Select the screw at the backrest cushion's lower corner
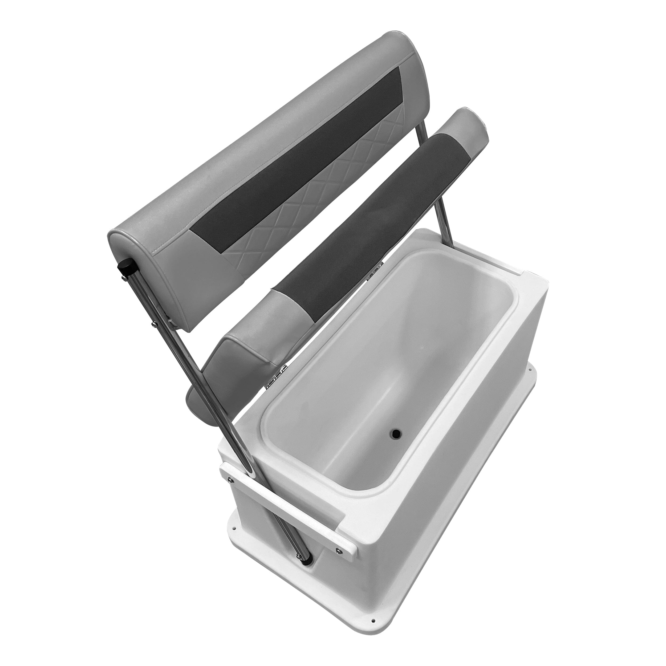[x=153, y=323]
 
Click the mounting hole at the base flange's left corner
[x=235, y=537]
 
